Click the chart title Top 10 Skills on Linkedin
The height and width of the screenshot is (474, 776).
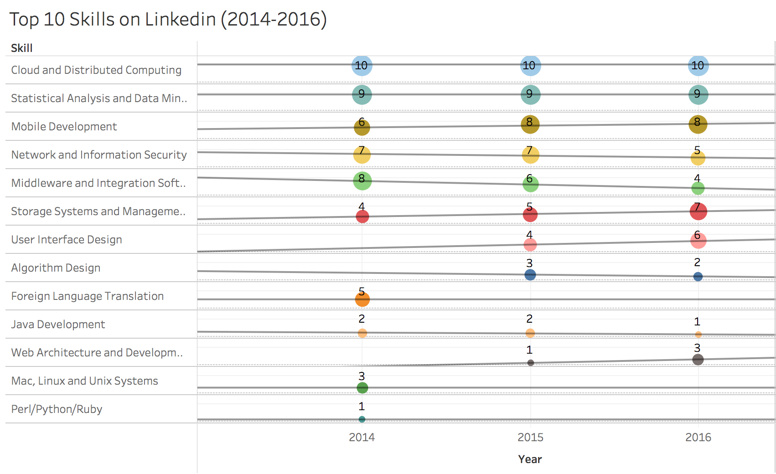168,20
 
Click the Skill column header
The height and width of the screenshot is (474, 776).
21,48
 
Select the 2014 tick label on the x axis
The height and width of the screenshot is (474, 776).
362,437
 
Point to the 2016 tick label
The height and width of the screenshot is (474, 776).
698,437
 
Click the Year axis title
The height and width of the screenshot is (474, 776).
530,459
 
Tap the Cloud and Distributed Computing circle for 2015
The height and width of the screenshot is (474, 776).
530,66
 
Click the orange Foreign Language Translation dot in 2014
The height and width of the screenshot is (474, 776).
362,299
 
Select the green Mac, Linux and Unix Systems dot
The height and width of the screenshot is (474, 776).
362,388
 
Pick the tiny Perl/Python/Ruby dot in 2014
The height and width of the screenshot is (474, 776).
362,419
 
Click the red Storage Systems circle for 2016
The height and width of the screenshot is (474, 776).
698,211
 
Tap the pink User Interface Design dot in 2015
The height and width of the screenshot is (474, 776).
530,245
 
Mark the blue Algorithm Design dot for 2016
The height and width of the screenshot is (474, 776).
698,277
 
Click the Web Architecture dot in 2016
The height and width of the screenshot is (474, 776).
698,360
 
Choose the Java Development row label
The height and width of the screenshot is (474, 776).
58,325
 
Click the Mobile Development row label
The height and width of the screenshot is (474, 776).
64,127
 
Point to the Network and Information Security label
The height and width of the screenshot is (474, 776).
99,155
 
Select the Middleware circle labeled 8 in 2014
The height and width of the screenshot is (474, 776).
362,181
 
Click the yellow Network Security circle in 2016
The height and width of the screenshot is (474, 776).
698,159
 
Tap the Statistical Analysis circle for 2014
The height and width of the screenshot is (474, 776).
362,95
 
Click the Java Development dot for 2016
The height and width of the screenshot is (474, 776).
698,335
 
